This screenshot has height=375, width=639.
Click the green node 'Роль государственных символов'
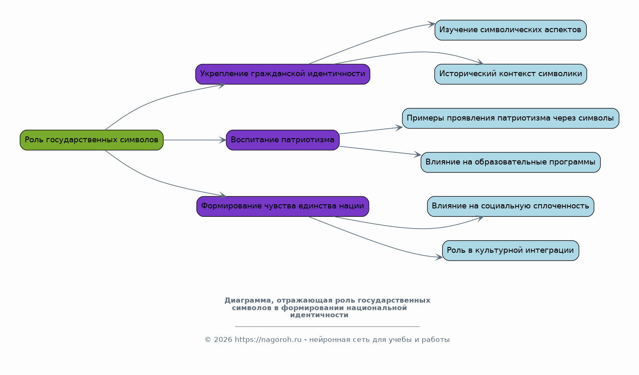click(x=92, y=140)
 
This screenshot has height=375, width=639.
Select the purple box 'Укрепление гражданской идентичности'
click(x=283, y=74)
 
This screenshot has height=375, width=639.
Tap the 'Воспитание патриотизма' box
click(x=283, y=140)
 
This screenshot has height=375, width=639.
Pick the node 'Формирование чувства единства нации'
click(x=283, y=206)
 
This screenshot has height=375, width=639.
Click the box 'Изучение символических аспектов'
click(x=511, y=30)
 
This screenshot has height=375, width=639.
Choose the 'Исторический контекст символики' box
click(x=511, y=74)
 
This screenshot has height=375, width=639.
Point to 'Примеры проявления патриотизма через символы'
click(x=511, y=118)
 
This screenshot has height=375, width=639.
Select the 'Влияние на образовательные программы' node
click(x=511, y=162)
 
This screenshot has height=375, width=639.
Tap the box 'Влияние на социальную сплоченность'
click(x=511, y=206)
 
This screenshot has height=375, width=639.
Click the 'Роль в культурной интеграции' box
click(x=511, y=250)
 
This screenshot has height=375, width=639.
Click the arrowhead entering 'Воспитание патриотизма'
click(x=223, y=140)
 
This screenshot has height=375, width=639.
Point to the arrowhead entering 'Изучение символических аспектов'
click(x=431, y=25)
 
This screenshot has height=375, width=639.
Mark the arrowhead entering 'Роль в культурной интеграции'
click(x=439, y=257)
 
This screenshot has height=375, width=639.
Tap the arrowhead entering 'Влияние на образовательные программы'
click(x=418, y=154)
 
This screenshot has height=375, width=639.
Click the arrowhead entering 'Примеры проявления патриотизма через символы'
click(x=399, y=128)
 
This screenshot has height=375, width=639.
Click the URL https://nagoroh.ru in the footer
click(x=268, y=339)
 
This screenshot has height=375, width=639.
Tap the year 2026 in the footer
click(x=223, y=339)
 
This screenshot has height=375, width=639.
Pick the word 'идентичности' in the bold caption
click(x=319, y=315)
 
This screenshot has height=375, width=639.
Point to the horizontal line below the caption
click(x=327, y=326)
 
